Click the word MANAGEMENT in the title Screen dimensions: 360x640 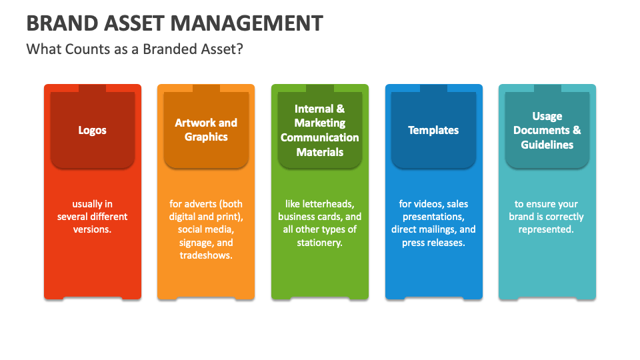pyautogui.click(x=247, y=23)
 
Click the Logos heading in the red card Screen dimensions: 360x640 pyautogui.click(x=92, y=130)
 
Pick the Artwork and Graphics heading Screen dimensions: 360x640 pyautogui.click(x=206, y=130)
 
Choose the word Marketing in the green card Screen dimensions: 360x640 pyautogui.click(x=320, y=123)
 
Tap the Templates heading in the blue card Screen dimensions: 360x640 pyautogui.click(x=433, y=130)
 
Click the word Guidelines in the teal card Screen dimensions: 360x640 pyautogui.click(x=547, y=145)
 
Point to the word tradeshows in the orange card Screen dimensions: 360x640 pyautogui.click(x=206, y=255)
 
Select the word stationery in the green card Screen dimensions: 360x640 pyautogui.click(x=319, y=243)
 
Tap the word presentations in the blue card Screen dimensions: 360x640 pyautogui.click(x=433, y=217)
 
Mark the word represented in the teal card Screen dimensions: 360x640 pyautogui.click(x=546, y=229)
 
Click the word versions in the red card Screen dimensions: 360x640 pyautogui.click(x=92, y=229)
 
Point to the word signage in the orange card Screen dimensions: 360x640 pyautogui.click(x=197, y=243)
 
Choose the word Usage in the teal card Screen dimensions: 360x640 pyautogui.click(x=547, y=116)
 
